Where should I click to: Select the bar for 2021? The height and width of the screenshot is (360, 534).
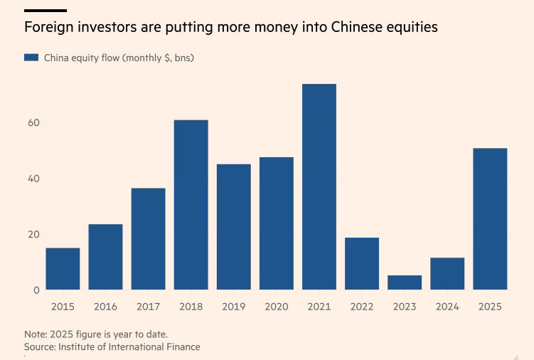point(319,187)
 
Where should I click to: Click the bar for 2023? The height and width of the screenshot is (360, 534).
point(405,282)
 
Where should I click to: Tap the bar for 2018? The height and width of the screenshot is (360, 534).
point(191,205)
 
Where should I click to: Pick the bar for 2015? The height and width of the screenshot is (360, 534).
point(63,269)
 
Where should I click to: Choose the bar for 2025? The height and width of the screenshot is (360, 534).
point(490,219)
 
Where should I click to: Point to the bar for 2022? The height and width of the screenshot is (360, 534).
point(362,264)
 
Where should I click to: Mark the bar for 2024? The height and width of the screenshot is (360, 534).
point(447,274)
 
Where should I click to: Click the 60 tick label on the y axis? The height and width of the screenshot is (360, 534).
point(33,122)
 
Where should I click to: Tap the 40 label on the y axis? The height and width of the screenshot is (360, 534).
point(33,179)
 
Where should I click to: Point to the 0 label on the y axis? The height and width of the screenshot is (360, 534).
point(37,290)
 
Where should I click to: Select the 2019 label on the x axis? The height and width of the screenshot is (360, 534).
point(234,307)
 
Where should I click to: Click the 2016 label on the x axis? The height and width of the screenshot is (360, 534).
point(105,307)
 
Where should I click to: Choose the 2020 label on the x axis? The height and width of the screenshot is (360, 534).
point(277,307)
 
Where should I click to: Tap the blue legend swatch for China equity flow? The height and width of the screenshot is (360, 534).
point(31,57)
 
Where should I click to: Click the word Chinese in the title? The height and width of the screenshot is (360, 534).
point(356,27)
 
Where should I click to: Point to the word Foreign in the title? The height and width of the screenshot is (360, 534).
point(48,28)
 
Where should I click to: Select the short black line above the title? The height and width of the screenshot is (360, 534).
point(46,11)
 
